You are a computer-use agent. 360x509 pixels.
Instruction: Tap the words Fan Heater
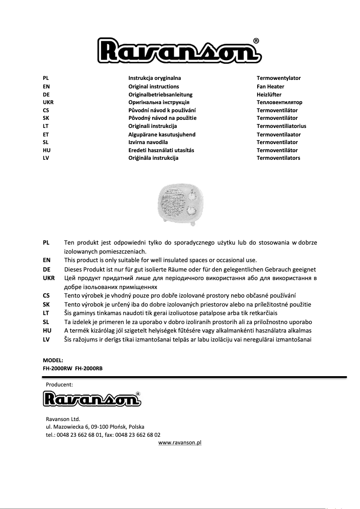pyautogui.click(x=270, y=86)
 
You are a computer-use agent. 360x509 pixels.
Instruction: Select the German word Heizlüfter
pyautogui.click(x=269, y=94)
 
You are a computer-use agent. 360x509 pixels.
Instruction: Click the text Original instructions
pyautogui.click(x=154, y=86)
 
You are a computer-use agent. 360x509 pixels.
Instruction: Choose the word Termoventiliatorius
pyautogui.click(x=281, y=126)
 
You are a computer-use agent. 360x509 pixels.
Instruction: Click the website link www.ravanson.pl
pyautogui.click(x=180, y=443)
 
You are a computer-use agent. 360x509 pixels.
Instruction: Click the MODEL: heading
pyautogui.click(x=53, y=360)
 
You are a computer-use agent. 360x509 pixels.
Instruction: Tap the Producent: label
pyautogui.click(x=59, y=384)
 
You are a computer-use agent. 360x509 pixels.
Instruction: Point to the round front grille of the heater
pyautogui.click(x=173, y=205)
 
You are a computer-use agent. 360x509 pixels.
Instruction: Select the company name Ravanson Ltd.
pyautogui.click(x=60, y=419)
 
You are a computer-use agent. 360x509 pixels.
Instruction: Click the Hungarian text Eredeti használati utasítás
pyautogui.click(x=161, y=150)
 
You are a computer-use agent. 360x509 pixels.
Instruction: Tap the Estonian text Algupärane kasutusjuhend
pyautogui.click(x=162, y=134)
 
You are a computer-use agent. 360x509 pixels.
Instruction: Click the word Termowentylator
pyautogui.click(x=278, y=78)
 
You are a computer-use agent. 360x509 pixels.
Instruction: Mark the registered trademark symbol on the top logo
pyautogui.click(x=256, y=41)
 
